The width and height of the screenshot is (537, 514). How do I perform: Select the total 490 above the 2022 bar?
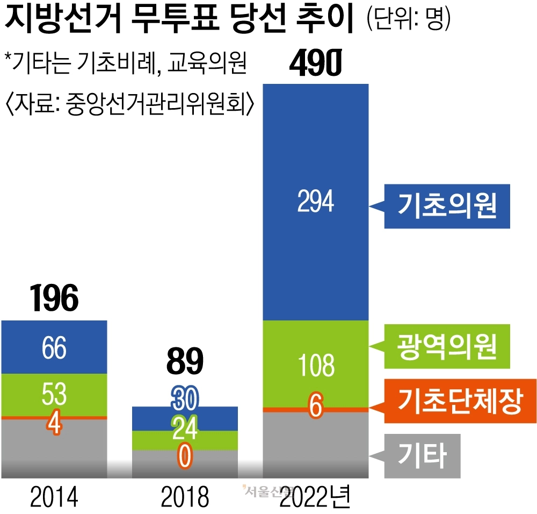coord(315,63)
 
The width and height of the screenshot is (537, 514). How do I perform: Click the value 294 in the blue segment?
coord(315,202)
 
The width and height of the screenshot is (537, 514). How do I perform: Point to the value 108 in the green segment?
coord(315,365)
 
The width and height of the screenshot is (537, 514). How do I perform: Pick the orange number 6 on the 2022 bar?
coord(315,407)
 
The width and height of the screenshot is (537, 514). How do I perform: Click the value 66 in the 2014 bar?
coord(54,348)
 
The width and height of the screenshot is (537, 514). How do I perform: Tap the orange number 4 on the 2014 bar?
coord(54,423)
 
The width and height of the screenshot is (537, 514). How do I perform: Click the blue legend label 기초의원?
coord(447,206)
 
